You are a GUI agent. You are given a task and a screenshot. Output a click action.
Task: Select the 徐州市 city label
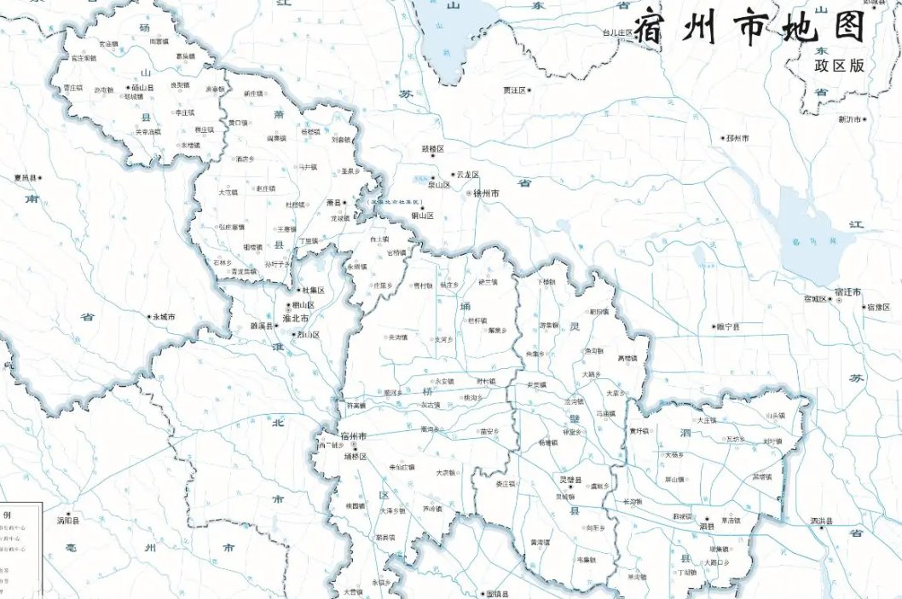[x=484, y=194]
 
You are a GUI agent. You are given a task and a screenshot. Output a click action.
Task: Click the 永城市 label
[x=162, y=317]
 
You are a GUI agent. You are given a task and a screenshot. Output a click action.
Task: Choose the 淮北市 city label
[x=294, y=319]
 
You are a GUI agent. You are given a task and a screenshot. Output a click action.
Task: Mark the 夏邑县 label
[x=25, y=178]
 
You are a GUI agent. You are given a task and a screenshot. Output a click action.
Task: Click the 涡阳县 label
[x=68, y=520]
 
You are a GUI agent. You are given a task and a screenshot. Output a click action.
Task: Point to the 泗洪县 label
[x=821, y=521]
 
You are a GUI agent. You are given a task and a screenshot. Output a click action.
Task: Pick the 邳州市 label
[x=737, y=138]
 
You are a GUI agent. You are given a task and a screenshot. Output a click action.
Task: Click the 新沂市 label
[x=849, y=119]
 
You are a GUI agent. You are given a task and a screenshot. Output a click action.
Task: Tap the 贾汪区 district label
[x=514, y=89]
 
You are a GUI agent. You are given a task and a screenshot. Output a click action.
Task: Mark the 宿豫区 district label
[x=879, y=308]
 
